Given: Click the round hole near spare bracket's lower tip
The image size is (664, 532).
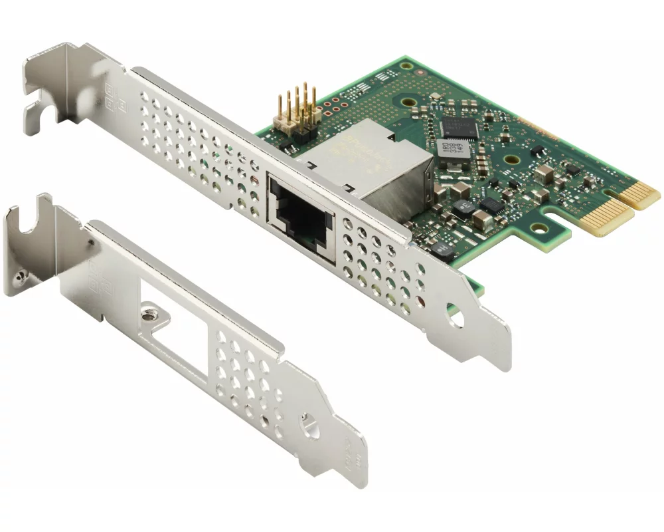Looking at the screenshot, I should tap(307, 424).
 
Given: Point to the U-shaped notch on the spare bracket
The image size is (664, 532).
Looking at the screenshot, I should tap(27, 223).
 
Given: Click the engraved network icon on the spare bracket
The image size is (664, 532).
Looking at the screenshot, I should tap(93, 279).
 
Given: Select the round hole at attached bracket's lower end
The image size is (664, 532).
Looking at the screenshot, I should tap(456, 316).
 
